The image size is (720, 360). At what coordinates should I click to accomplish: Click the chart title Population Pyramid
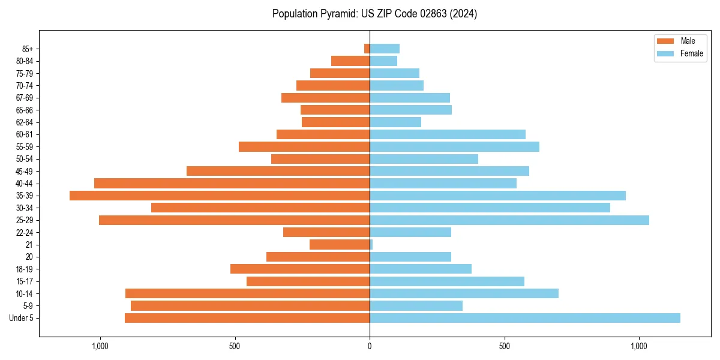374,14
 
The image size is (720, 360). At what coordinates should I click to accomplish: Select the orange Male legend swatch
665,41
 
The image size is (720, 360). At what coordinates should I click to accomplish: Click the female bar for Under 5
525,318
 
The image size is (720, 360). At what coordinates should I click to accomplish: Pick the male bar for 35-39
220,196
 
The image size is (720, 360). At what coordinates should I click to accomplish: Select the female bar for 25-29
509,220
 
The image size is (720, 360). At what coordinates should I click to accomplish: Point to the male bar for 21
340,245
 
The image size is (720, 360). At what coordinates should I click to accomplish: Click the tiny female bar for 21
371,245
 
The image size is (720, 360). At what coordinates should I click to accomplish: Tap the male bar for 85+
367,49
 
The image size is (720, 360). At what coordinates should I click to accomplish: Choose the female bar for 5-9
416,306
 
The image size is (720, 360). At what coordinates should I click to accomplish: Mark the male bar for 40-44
232,184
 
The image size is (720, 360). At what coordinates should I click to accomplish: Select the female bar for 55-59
454,147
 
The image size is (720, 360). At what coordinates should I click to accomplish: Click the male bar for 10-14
247,293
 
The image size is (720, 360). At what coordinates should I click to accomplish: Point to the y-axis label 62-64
24,122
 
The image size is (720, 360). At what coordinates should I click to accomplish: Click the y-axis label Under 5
22,318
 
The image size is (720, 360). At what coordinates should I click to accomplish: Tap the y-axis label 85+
28,49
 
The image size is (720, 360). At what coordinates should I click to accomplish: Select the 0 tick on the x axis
370,346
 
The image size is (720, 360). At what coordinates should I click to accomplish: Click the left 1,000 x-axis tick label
100,346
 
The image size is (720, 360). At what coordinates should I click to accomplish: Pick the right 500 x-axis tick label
505,346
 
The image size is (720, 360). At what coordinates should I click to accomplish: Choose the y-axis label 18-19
24,269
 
